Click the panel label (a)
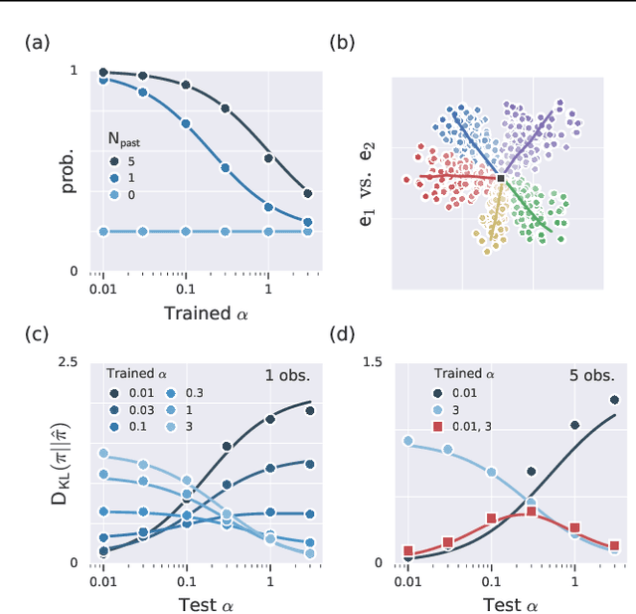tap(35, 42)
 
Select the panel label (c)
tap(35, 334)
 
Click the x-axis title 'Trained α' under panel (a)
tap(206, 313)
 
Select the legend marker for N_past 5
tap(117, 161)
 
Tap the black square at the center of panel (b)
tap(501, 179)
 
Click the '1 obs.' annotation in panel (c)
tap(289, 376)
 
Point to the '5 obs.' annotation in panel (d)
tap(593, 376)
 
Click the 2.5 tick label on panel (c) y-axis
tap(68, 363)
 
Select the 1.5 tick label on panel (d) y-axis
tap(372, 363)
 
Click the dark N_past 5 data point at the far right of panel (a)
tap(307, 194)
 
